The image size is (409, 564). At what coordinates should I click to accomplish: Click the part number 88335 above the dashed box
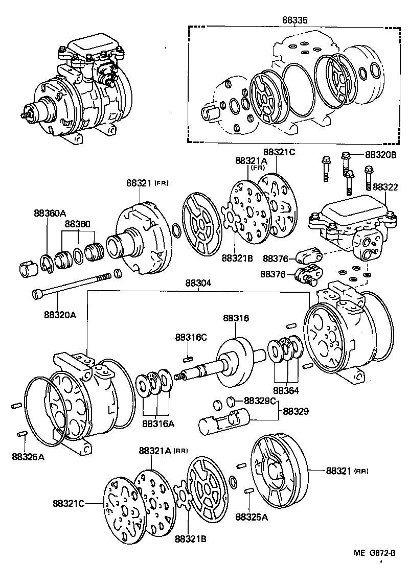coord(294,20)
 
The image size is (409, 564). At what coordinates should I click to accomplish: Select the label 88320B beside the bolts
coord(381,154)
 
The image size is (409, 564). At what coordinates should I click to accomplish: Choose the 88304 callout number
coord(199,283)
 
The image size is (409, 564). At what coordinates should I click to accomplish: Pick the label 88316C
coord(191,337)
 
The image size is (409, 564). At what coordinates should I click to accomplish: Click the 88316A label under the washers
coord(158,423)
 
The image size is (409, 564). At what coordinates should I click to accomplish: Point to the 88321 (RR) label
coord(347,471)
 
